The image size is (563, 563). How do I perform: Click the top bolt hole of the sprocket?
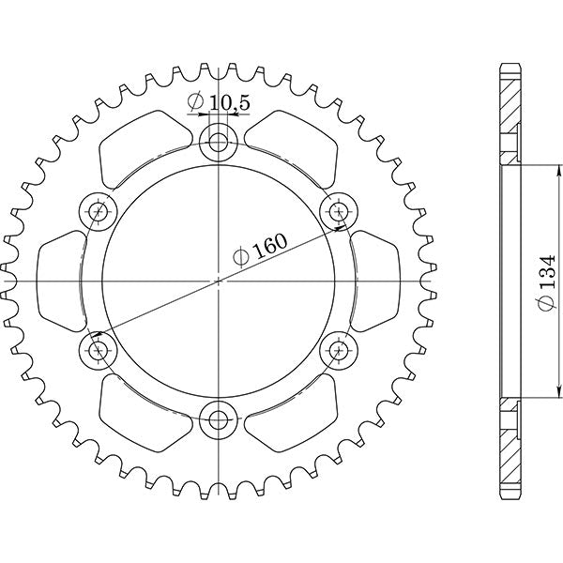coord(219,143)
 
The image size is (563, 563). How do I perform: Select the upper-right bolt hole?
coord(338,210)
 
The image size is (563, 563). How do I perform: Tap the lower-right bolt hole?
coord(338,350)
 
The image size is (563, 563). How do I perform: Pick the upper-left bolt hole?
coord(99,210)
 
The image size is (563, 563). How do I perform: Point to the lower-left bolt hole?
coord(99,350)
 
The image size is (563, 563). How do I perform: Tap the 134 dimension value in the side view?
coord(546,281)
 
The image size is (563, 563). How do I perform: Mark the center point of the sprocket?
coord(219,280)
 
